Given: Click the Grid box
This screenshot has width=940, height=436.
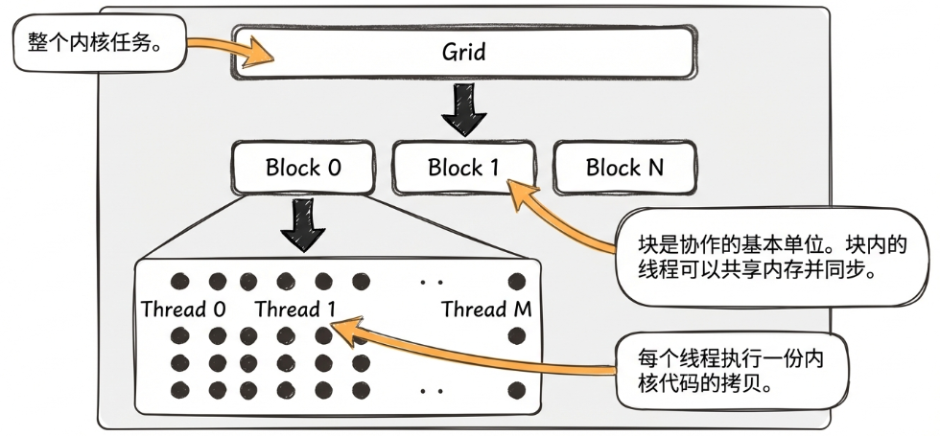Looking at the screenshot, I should point(463,52).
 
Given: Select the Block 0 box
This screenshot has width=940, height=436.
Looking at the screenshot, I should point(303,168).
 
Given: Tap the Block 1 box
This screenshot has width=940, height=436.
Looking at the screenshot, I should point(463,168).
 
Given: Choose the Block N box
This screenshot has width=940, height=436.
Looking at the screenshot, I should point(623,168).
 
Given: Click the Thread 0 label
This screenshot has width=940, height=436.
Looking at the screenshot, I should point(183,310).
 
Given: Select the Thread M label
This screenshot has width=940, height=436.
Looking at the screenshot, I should point(486,310).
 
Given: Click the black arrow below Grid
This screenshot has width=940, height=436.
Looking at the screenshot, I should point(464,110).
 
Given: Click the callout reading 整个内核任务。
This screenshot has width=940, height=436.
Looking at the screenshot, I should point(96,44).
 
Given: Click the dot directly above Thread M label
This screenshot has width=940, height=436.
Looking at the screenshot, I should point(518,282).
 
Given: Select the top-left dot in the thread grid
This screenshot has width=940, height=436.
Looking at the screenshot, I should point(177,282).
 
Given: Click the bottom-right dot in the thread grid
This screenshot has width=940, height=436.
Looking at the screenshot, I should point(518,390).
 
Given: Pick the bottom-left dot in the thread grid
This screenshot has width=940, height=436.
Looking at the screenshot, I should point(177,390).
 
